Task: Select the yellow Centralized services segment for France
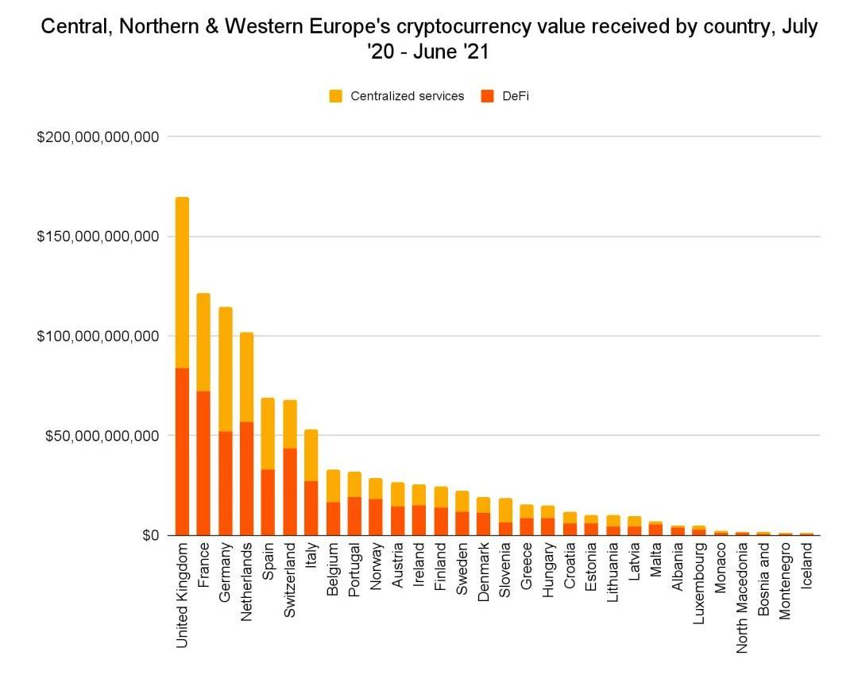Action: [x=203, y=342]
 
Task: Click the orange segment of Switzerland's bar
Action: [x=290, y=492]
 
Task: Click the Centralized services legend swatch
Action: [x=336, y=96]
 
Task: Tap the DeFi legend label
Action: [x=515, y=96]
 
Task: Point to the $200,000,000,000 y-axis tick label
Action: [x=99, y=137]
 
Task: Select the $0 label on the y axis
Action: [x=151, y=535]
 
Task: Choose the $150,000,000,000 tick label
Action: [x=99, y=237]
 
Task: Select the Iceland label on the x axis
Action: [x=807, y=565]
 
